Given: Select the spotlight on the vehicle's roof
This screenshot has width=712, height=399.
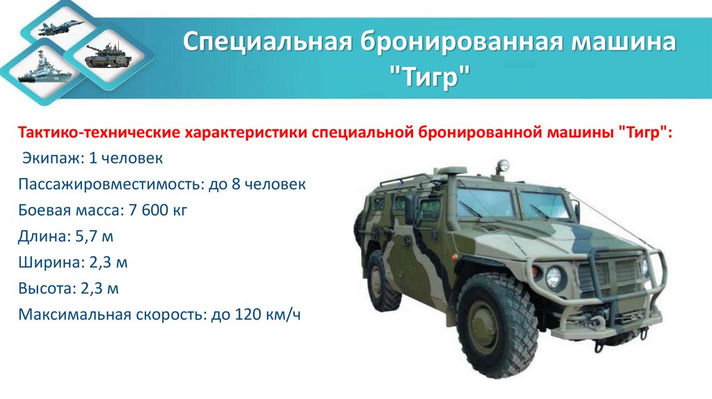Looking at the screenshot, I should (501, 166).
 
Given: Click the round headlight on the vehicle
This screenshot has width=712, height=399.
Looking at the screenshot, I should (554, 278).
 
